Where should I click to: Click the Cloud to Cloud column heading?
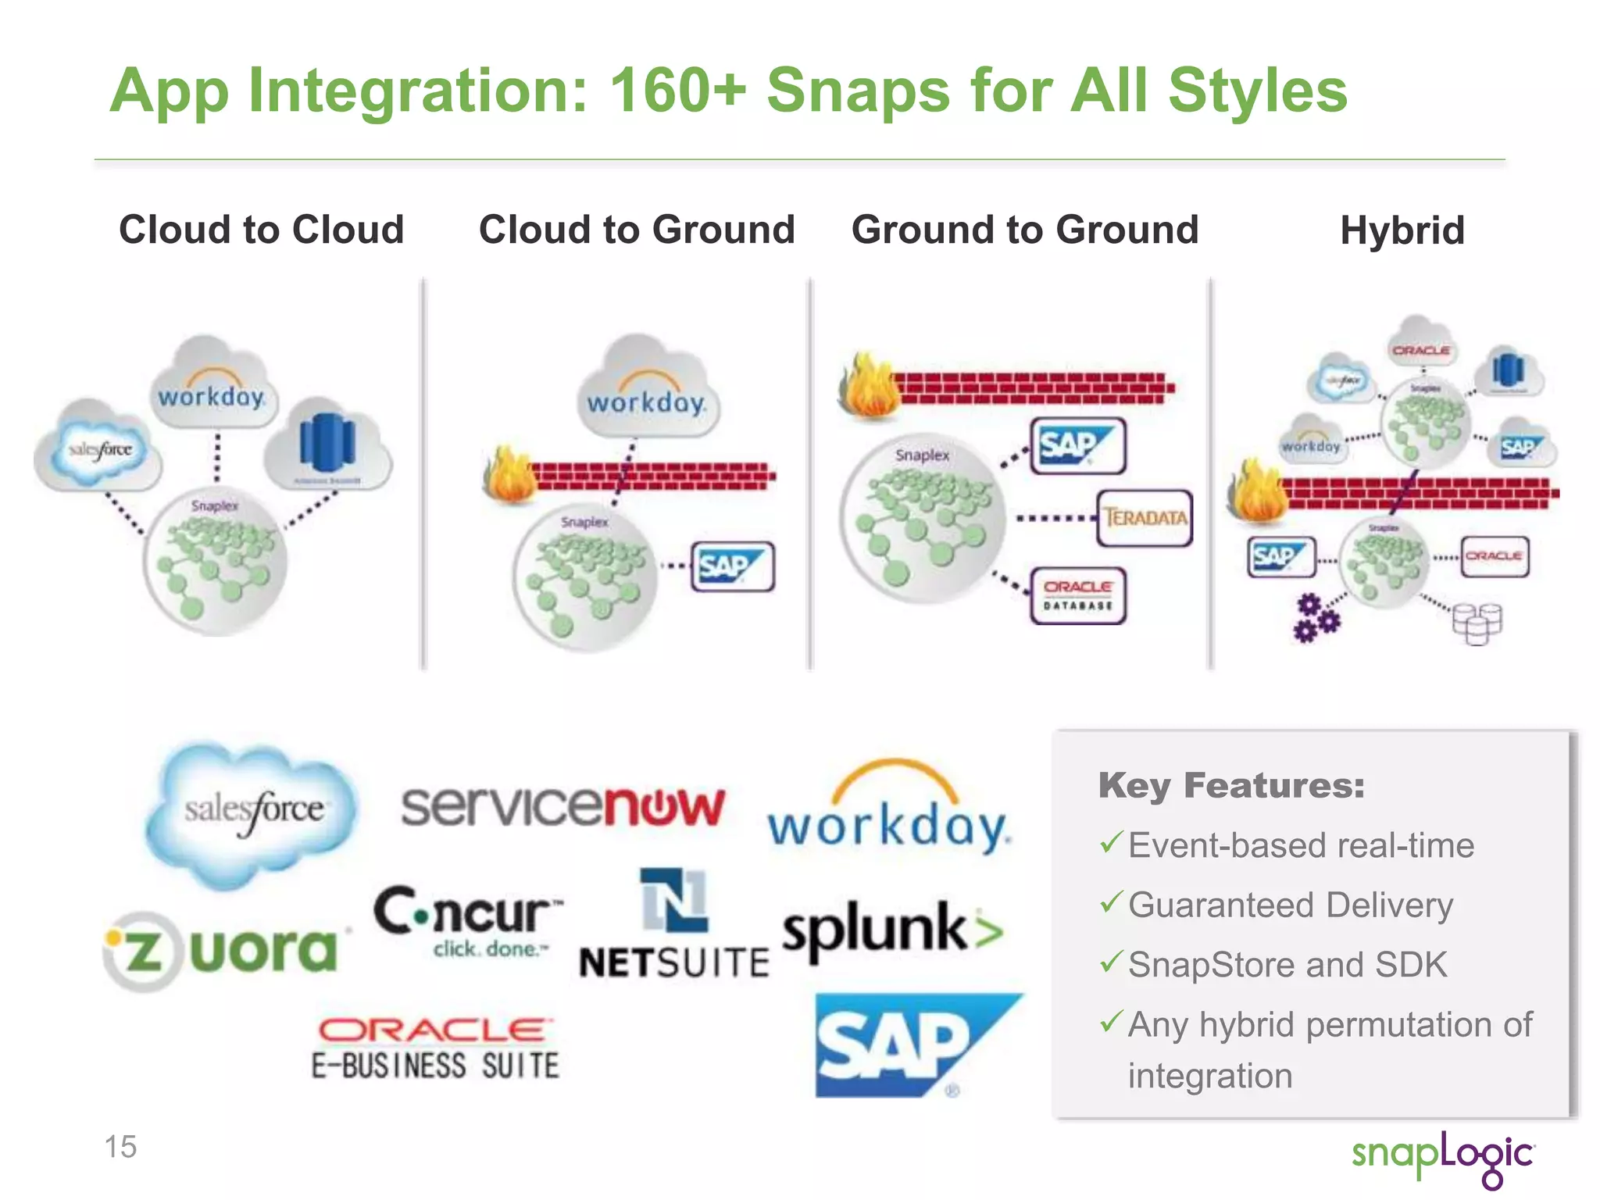click(261, 230)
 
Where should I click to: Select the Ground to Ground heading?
click(1024, 230)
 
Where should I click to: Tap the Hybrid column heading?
click(1402, 230)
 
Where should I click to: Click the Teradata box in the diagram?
click(1145, 517)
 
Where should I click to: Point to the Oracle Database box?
click(1078, 595)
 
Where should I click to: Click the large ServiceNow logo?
click(562, 806)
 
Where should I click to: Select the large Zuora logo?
click(223, 951)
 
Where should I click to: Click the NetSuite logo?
click(673, 926)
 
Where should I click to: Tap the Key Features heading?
click(1231, 785)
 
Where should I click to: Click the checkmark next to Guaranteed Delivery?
click(1111, 903)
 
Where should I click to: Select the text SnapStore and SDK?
click(1287, 965)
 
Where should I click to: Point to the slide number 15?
click(120, 1147)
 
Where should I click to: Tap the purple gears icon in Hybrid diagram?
click(1316, 619)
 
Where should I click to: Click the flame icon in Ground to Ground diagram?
click(869, 384)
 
